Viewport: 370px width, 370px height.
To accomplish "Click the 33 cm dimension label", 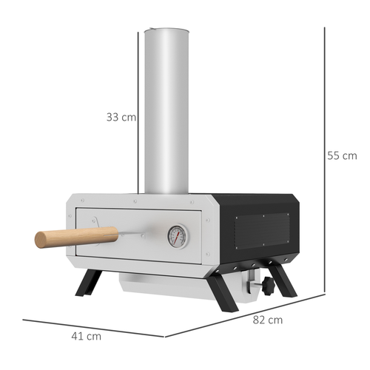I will coord(121,117).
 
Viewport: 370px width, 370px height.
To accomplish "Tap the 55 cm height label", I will coord(342,155).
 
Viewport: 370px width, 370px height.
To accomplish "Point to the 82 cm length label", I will coord(267,320).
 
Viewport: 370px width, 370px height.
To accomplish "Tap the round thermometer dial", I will coord(177,235).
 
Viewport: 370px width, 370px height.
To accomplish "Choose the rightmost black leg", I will coord(282,280).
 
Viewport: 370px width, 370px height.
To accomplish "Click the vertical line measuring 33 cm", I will coord(138,111).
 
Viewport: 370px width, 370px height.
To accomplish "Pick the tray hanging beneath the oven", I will coord(170,285).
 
